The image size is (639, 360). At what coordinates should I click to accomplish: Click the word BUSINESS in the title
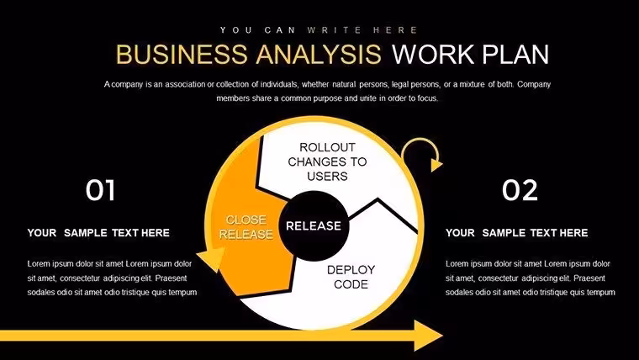[182, 54]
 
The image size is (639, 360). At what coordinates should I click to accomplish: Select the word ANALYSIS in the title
[319, 54]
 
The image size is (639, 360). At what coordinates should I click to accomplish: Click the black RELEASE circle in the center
[314, 226]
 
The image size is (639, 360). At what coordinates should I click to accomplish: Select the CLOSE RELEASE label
[246, 227]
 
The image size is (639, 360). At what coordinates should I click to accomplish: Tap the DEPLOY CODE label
[351, 277]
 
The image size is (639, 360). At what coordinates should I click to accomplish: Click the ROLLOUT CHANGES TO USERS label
[327, 161]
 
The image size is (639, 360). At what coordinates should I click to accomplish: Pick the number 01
[100, 190]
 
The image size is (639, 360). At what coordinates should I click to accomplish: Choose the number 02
[520, 190]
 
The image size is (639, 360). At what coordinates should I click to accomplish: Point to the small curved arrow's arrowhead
[436, 165]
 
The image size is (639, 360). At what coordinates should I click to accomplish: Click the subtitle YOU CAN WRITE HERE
[319, 30]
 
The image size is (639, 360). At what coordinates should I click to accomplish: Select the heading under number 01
[98, 233]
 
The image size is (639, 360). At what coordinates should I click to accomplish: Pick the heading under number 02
[517, 233]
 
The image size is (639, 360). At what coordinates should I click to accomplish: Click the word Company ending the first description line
[534, 84]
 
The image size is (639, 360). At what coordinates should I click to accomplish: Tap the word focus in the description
[428, 98]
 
